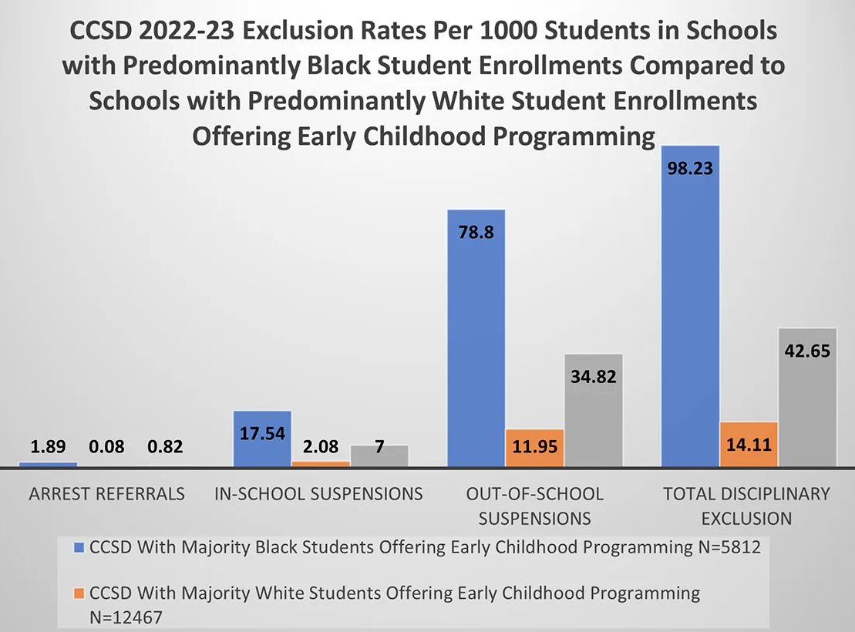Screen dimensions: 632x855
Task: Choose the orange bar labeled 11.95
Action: coord(535,448)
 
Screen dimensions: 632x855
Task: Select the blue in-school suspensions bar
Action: coord(262,439)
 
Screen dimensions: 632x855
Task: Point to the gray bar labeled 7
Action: coord(379,456)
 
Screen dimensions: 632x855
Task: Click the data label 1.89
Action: coord(48,447)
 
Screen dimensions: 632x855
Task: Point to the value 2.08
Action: coord(320,447)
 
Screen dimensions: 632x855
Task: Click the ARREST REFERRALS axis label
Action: coord(106,494)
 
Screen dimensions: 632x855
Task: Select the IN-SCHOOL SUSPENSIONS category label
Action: coord(319,494)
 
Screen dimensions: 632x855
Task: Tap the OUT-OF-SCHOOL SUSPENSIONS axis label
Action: coord(535,505)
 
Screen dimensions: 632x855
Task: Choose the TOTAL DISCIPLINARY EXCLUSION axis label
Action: coord(746,505)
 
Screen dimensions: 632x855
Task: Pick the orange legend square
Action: coord(79,594)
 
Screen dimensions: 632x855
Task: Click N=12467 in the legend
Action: coord(126,617)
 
